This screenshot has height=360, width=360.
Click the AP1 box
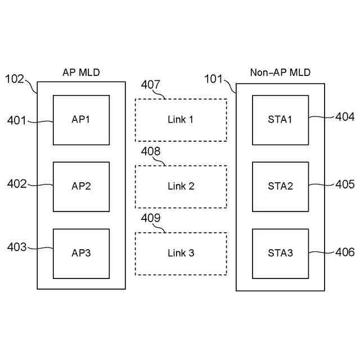81,120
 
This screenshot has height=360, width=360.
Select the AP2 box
81,186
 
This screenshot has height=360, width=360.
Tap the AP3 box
81,253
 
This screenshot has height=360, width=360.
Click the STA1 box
280,119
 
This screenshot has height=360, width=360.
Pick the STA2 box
280,186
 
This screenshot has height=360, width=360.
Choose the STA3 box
280,253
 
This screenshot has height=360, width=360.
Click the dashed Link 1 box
181,120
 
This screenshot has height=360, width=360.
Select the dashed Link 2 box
181,186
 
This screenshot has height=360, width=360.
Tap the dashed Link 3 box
181,253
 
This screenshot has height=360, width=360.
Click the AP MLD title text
81,73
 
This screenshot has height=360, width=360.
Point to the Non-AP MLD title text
280,73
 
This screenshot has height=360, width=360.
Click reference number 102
15,79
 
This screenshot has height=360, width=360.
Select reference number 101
213,78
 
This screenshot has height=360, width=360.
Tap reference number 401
17,120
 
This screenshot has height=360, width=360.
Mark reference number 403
17,247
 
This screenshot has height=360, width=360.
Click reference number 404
345,117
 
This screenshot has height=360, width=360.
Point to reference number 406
345,253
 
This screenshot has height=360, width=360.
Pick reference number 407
151,85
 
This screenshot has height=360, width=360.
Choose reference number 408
151,151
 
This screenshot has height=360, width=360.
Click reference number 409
151,218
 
